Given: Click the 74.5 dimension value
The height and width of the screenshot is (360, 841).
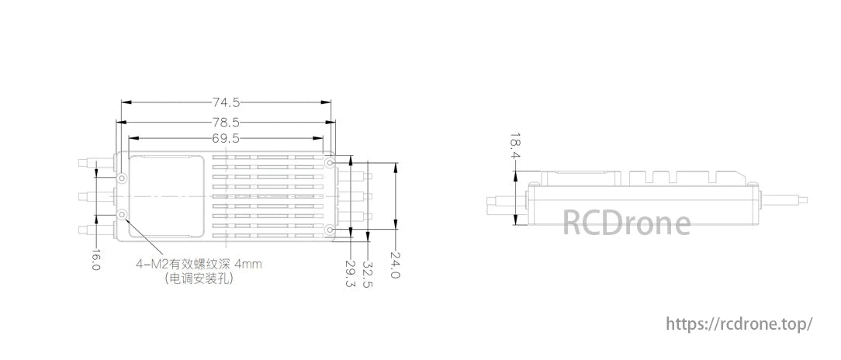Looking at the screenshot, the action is click(226, 102).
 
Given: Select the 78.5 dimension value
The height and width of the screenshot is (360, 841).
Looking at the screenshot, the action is click(226, 123).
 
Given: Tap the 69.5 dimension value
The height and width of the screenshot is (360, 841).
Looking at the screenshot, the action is click(226, 138).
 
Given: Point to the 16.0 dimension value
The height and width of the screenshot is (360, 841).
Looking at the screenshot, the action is click(95, 259).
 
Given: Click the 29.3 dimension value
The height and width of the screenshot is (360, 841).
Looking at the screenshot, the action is click(351, 274).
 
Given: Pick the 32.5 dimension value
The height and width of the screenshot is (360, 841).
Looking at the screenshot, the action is click(368, 274).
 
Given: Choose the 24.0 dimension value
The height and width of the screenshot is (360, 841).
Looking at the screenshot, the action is click(395, 265).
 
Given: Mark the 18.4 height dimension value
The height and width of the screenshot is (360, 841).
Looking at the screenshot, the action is click(515, 146).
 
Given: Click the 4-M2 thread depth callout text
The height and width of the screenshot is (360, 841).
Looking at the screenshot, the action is click(199, 265).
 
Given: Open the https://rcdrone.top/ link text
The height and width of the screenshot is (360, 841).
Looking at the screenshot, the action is click(739, 324).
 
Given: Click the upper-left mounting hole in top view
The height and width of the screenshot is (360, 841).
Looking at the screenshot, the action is click(123, 178).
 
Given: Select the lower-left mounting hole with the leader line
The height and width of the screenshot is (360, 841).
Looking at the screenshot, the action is click(123, 215).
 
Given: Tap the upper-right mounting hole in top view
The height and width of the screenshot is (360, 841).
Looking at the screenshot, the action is click(331, 161).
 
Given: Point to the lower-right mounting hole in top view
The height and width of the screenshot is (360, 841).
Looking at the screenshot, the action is click(331, 230).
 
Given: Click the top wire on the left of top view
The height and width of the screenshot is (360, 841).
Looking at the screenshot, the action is click(96, 163).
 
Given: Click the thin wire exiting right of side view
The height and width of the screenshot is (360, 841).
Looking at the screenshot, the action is click(784, 201).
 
